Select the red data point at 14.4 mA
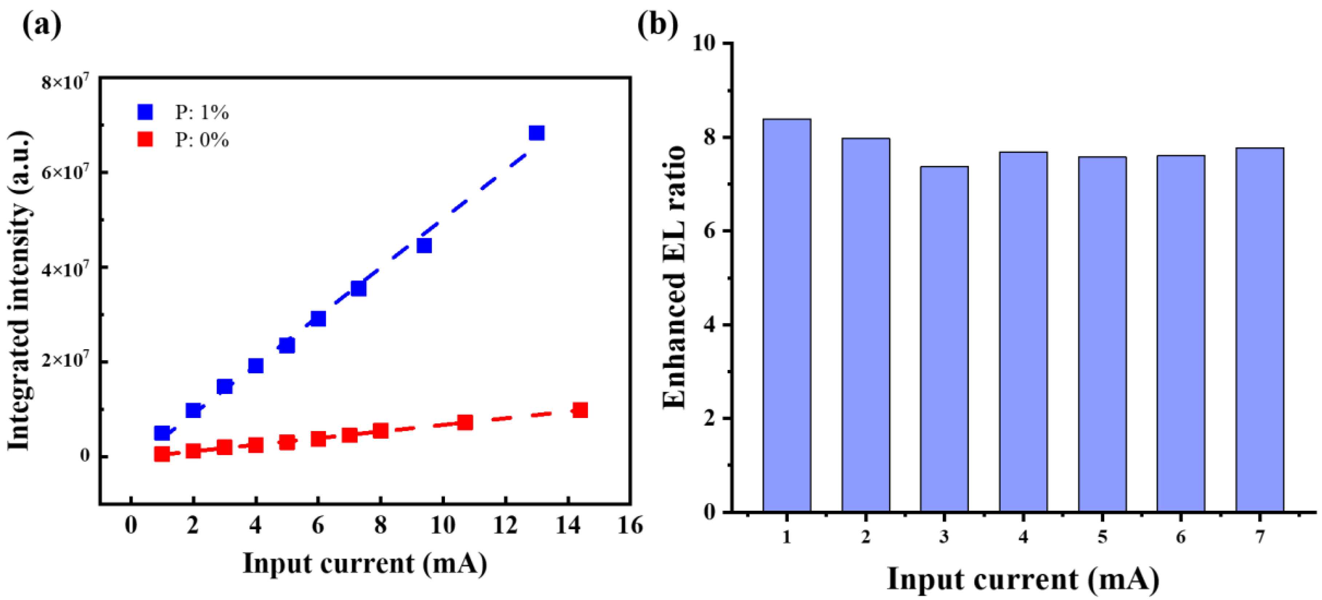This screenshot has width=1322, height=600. coord(580,410)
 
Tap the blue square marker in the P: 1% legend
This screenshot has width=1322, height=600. coord(145,112)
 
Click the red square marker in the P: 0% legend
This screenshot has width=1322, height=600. coord(145,140)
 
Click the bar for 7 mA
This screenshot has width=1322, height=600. coord(1259,329)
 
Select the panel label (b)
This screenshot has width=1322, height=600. coord(657,24)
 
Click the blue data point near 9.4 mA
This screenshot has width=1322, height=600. coord(424,246)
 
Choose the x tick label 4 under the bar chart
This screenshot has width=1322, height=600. coord(1023,537)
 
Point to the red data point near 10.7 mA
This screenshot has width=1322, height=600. coord(465,422)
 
